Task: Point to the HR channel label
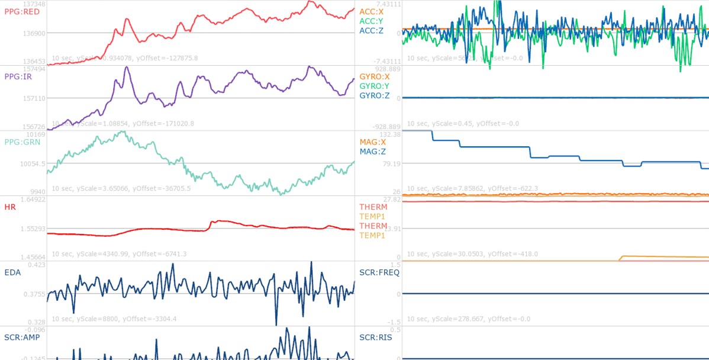point(10,207)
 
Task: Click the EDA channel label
point(13,272)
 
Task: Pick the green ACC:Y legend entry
point(375,21)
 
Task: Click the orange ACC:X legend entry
point(375,11)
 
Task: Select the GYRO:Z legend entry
point(375,95)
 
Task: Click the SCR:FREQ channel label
point(379,272)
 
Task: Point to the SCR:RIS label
point(376,337)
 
